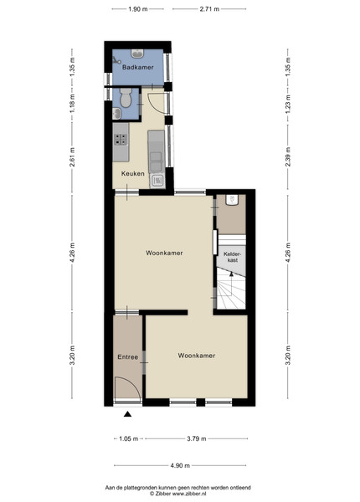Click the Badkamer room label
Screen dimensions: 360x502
click(138, 67)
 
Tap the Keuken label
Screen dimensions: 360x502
click(132, 173)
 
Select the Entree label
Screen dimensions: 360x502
click(128, 357)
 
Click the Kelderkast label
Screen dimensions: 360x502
click(232, 257)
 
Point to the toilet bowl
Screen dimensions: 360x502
click(126, 98)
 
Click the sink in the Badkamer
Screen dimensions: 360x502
click(138, 54)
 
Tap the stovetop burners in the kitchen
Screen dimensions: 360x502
click(121, 139)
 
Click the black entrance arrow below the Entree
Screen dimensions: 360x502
click(128, 414)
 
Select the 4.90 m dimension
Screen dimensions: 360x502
click(180, 465)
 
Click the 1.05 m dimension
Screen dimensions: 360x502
click(128, 438)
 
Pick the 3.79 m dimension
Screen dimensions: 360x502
click(197, 438)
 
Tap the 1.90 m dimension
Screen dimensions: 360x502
click(138, 9)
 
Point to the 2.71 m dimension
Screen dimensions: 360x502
click(209, 9)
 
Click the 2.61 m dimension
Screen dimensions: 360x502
click(72, 157)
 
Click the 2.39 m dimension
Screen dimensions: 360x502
click(288, 157)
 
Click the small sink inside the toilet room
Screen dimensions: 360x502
click(116, 114)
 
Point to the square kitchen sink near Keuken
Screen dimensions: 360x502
click(157, 181)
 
